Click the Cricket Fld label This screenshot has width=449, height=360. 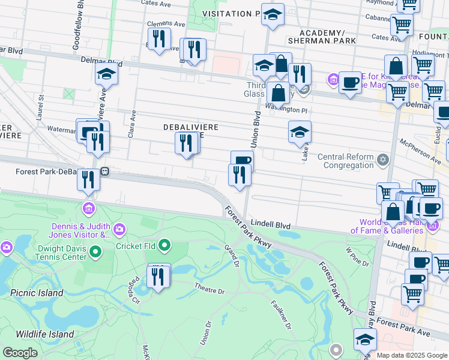tap(135, 246)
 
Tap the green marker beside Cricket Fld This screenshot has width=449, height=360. tap(166, 245)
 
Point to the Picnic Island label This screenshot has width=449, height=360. tap(37, 293)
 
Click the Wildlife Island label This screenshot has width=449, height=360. tap(44, 334)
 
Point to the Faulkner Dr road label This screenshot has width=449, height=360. tap(281, 315)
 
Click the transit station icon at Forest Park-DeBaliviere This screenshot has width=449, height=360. tap(104, 172)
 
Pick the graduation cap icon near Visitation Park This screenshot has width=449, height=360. tap(273, 14)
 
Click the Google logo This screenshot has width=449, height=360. tap(20, 353)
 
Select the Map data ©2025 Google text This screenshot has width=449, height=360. tap(412, 355)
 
